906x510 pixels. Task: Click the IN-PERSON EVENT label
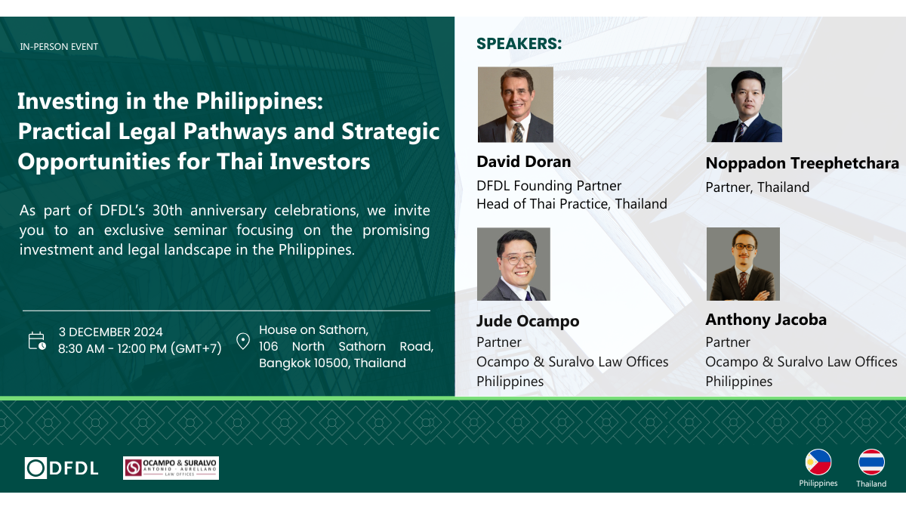point(59,47)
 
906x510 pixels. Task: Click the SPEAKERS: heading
point(519,44)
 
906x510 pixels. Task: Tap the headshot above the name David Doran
point(515,104)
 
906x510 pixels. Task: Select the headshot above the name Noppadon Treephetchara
point(744,104)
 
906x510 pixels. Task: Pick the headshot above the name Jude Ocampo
point(513,264)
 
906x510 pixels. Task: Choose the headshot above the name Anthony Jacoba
point(743,264)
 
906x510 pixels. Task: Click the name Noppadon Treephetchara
point(802,163)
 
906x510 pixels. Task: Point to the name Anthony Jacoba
point(766,320)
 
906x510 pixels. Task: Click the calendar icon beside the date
point(37,341)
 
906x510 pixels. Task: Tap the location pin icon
point(242,342)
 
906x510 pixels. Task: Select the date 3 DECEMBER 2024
point(110,332)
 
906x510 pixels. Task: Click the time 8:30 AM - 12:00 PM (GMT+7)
point(140,348)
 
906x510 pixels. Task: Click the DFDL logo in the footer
point(61,468)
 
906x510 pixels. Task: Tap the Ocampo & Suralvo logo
point(171,468)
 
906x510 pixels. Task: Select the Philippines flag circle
point(818,462)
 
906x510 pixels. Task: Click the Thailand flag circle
point(871,462)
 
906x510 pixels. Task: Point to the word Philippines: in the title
point(259,102)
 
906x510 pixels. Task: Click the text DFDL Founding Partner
point(549,186)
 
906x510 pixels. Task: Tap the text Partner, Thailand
point(757,187)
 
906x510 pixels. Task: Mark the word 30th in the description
point(168,211)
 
